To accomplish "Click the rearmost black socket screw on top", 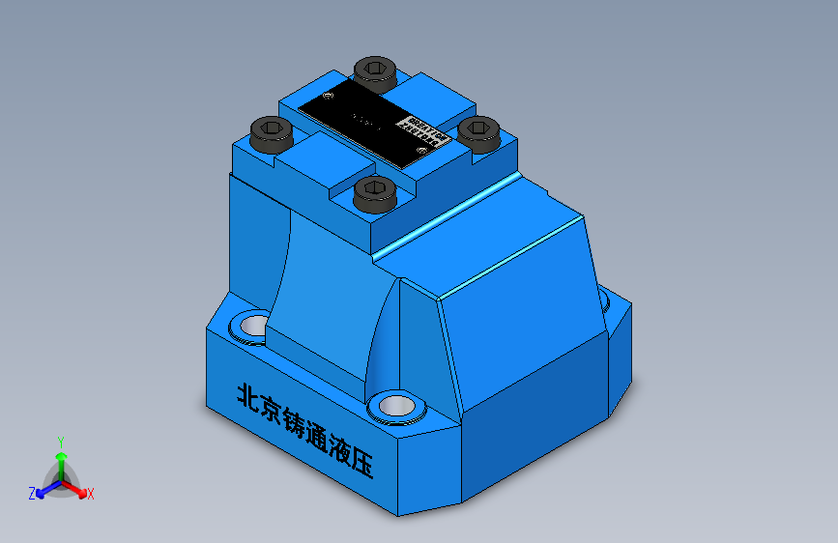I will pos(374,72).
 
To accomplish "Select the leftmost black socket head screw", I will pos(271,131).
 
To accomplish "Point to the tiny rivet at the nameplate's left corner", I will pos(329,96).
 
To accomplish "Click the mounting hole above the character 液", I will pos(394,406).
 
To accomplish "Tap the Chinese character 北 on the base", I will pos(249,399).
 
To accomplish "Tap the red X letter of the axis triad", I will pos(91,494).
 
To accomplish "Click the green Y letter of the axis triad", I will pos(60,440).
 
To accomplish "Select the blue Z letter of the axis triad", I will pos(32,493).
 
